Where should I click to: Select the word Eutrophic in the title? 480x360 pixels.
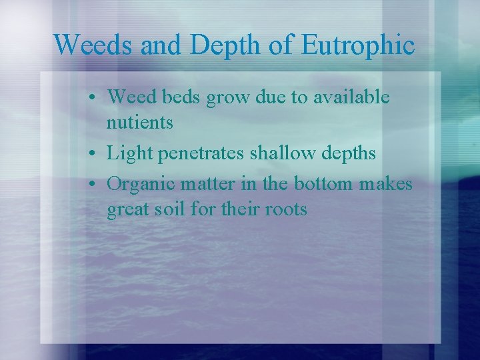358,45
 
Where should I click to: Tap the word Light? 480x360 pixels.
130,153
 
